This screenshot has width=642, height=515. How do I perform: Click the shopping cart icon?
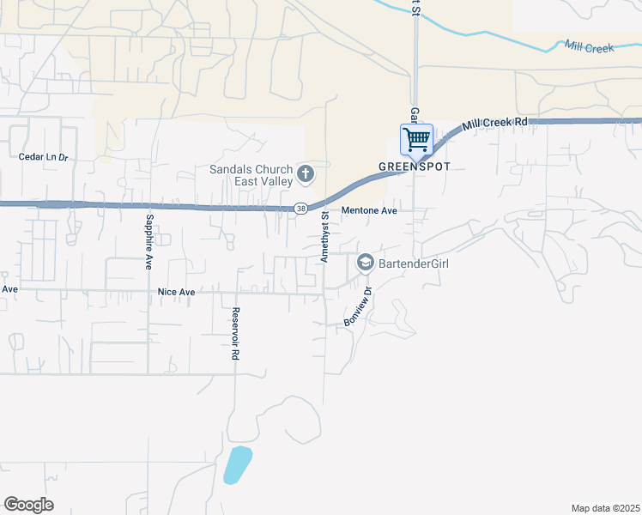tap(416, 138)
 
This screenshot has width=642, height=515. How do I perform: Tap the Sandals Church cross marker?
tap(305, 176)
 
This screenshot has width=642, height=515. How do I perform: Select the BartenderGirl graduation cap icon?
tap(366, 263)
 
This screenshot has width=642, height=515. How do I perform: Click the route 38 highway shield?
tap(300, 209)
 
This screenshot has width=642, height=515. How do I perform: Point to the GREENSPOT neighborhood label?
tap(415, 165)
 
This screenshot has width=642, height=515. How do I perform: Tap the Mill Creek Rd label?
tap(494, 124)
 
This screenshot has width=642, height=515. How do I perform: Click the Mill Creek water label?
tap(589, 48)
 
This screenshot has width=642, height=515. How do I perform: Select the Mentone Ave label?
tap(369, 210)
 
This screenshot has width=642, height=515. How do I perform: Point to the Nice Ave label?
tap(177, 292)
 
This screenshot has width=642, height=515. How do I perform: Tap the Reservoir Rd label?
tap(234, 335)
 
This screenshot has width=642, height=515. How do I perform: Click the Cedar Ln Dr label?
tap(43, 157)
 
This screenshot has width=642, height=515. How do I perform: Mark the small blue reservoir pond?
tap(238, 464)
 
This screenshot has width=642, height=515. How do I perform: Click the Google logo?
tap(28, 505)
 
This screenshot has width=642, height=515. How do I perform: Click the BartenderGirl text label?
tap(414, 264)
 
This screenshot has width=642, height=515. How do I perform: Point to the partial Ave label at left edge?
tap(9, 289)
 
